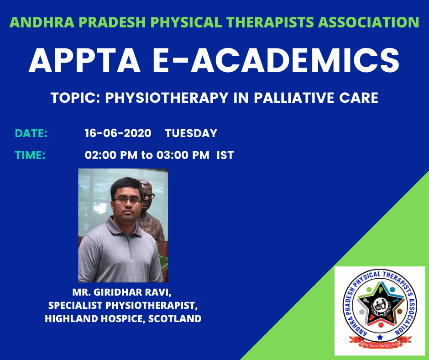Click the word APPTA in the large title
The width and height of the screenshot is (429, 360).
point(84,60)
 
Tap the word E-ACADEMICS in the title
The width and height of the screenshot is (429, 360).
point(276,60)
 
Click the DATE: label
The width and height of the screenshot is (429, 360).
point(31,133)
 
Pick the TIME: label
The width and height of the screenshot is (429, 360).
point(30,155)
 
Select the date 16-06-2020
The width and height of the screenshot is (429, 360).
point(118,133)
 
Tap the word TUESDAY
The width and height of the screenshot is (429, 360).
point(191,133)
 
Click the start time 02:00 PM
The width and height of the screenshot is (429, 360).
point(111,155)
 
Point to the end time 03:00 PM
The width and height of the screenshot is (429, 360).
point(183,155)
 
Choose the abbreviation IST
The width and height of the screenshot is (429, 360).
point(225,155)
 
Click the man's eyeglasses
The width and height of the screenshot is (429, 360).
point(127,201)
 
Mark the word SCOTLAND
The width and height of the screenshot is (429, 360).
point(175,318)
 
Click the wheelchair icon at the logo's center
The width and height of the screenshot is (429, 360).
point(380,305)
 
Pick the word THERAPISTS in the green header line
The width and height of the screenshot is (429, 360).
point(270,22)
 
